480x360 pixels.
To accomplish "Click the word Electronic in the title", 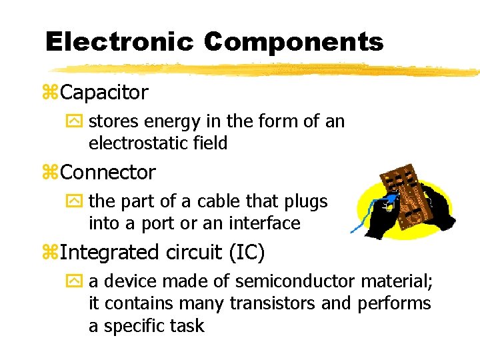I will pyautogui.click(x=119, y=42).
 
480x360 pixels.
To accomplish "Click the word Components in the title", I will pyautogui.click(x=294, y=42).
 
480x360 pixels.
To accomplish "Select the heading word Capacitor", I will pyautogui.click(x=104, y=92).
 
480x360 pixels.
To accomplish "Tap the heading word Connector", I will pyautogui.click(x=108, y=172).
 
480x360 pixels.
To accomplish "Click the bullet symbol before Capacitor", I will pyautogui.click(x=51, y=93).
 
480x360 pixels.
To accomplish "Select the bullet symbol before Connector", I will pyautogui.click(x=51, y=173).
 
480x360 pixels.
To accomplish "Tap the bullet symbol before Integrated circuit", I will pyautogui.click(x=51, y=253).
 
